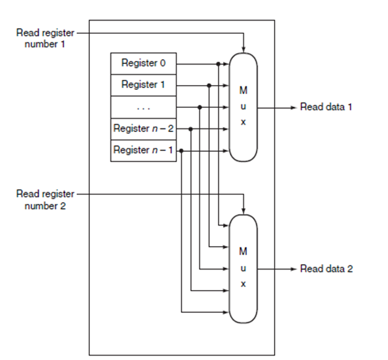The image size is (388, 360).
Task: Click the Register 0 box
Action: click(x=144, y=63)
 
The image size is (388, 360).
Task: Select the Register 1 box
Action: click(x=144, y=85)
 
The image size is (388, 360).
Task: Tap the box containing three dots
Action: click(x=144, y=107)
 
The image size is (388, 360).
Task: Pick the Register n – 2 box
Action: click(x=144, y=128)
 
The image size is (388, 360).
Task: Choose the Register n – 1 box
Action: click(x=144, y=150)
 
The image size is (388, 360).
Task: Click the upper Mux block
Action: click(x=243, y=107)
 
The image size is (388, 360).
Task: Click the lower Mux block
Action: click(x=243, y=268)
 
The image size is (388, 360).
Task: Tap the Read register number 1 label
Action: click(x=45, y=37)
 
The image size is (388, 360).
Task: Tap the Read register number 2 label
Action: click(x=45, y=200)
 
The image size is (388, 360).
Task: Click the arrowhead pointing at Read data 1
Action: click(x=293, y=107)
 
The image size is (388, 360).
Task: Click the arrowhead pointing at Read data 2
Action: click(x=293, y=268)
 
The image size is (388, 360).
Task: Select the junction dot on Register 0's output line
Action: click(x=218, y=63)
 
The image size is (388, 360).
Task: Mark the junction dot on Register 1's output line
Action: click(x=209, y=85)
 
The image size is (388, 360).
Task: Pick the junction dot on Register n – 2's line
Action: click(x=191, y=128)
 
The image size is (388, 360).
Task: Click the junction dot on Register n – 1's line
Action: click(x=182, y=150)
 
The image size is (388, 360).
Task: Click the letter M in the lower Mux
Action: click(x=243, y=250)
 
